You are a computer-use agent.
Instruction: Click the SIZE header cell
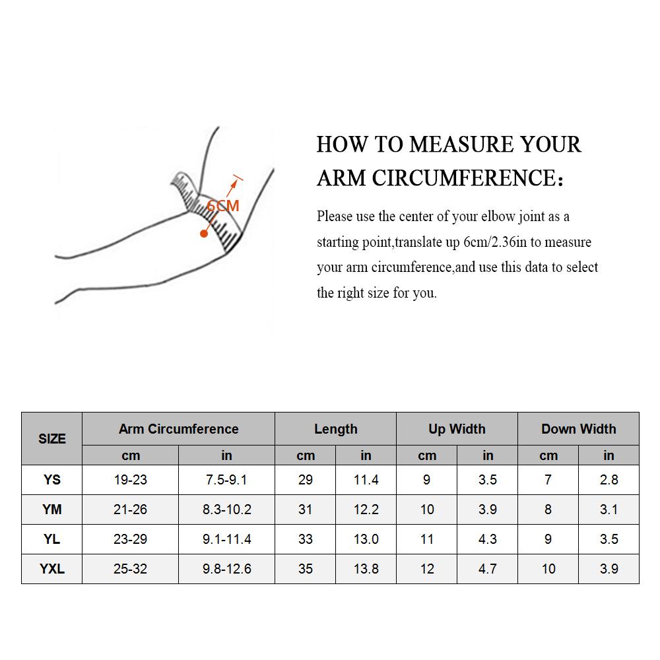click(51, 439)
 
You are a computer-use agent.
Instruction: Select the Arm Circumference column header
click(178, 429)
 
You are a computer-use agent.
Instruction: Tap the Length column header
click(335, 429)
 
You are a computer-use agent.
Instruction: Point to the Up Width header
click(457, 429)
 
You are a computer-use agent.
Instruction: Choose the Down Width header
click(578, 429)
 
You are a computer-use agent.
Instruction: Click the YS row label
click(51, 479)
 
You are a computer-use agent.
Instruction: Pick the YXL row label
click(51, 569)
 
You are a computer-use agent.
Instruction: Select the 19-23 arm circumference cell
click(131, 479)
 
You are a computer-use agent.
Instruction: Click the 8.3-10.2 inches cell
click(226, 510)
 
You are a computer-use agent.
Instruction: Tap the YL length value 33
click(305, 539)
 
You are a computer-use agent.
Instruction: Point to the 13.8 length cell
click(366, 569)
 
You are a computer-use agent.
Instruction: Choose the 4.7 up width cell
click(488, 569)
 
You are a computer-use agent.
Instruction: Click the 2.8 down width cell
click(609, 479)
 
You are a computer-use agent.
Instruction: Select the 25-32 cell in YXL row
click(131, 569)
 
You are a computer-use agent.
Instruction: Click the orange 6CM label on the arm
click(222, 206)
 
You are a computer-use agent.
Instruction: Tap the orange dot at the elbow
click(204, 233)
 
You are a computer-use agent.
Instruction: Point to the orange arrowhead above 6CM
click(234, 183)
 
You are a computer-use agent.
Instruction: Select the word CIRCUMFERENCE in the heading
click(467, 178)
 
